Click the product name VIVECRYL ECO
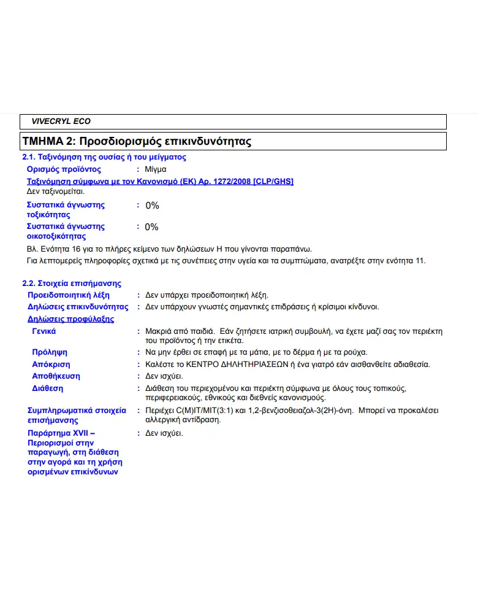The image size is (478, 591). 61,122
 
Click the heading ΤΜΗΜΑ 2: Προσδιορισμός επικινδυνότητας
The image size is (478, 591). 137,141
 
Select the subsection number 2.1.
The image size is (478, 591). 29,157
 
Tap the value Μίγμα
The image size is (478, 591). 156,169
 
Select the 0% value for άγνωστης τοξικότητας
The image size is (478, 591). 152,206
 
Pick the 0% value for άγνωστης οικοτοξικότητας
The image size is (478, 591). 151,227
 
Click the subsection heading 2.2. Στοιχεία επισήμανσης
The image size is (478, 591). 72,284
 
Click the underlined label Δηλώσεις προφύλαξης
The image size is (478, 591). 70,319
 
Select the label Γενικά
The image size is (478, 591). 44,331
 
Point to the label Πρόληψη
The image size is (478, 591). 50,352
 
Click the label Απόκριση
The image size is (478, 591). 51,364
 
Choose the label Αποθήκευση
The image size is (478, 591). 56,376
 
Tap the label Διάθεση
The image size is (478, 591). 47,388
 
